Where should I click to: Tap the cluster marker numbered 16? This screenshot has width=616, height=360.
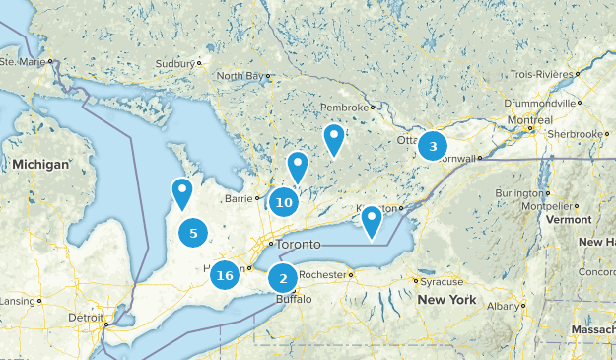pyautogui.click(x=225, y=275)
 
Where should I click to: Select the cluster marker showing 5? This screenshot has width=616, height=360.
pyautogui.click(x=193, y=234)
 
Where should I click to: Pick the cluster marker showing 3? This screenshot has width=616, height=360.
pyautogui.click(x=432, y=147)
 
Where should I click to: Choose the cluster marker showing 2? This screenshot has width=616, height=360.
pyautogui.click(x=283, y=279)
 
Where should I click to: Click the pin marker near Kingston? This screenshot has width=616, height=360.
pyautogui.click(x=371, y=221)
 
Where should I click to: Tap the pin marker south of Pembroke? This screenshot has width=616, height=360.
pyautogui.click(x=334, y=138)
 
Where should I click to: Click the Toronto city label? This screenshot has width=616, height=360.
pyautogui.click(x=299, y=244)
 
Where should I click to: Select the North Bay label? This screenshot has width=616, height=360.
pyautogui.click(x=241, y=76)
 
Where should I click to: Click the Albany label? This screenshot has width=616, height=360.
pyautogui.click(x=502, y=307)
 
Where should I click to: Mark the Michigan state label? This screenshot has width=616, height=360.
pyautogui.click(x=40, y=164)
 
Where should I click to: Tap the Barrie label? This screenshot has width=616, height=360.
pyautogui.click(x=239, y=198)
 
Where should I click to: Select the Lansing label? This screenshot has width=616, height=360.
pyautogui.click(x=17, y=301)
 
